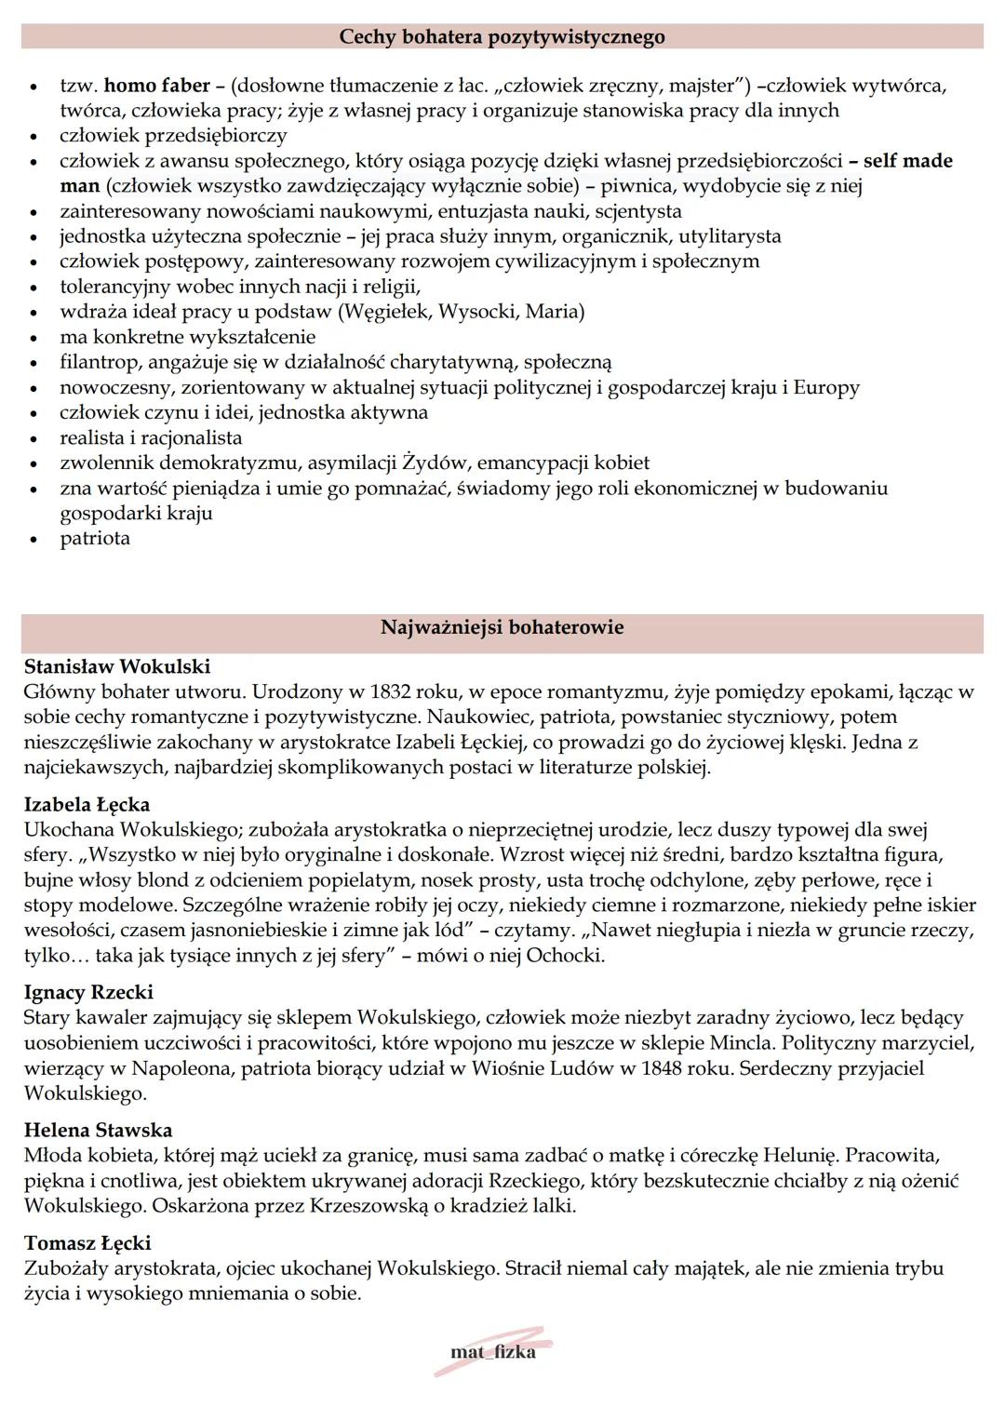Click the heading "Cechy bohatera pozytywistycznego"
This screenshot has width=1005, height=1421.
coord(502,37)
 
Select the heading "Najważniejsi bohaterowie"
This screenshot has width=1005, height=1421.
coord(502,627)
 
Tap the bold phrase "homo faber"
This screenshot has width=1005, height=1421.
coord(156,86)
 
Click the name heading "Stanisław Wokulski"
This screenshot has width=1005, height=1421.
coord(117,666)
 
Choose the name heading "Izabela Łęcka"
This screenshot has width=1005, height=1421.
coord(87,804)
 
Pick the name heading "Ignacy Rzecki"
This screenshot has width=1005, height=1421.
coord(88,992)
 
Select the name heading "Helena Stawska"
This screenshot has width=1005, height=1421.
coord(98,1130)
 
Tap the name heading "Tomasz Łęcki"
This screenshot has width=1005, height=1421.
coord(87,1243)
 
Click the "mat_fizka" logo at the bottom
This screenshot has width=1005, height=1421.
coord(492,1353)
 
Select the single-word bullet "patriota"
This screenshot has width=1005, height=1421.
coord(95,539)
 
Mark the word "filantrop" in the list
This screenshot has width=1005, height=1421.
coord(99,362)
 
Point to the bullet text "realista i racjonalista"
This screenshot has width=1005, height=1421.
coord(151,438)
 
